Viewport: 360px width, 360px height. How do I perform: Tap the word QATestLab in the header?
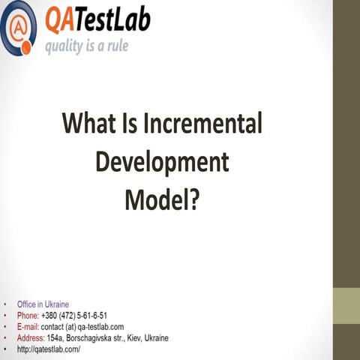click(98, 20)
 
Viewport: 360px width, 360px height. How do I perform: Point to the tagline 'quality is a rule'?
click(86, 46)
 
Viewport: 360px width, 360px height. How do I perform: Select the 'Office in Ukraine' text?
click(43, 304)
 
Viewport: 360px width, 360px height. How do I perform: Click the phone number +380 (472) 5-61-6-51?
click(75, 316)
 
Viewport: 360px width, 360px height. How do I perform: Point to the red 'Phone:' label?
click(28, 316)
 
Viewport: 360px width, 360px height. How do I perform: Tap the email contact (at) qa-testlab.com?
click(82, 327)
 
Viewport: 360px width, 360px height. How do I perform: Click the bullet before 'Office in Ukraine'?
click(6, 305)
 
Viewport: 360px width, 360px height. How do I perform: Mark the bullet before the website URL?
click(6, 350)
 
